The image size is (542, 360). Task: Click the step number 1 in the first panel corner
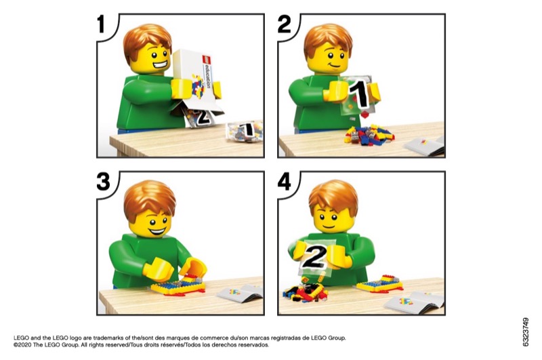pyautogui.click(x=101, y=24)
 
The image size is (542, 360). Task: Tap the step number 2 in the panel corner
pyautogui.click(x=284, y=24)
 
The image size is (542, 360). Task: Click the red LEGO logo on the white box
pyautogui.click(x=207, y=60)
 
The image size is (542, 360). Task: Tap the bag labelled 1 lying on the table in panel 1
pyautogui.click(x=245, y=131)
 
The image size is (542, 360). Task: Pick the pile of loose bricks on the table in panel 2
pyautogui.click(x=369, y=134)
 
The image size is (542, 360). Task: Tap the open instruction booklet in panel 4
pyautogui.click(x=414, y=302)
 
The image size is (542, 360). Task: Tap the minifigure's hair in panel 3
pyautogui.click(x=149, y=199)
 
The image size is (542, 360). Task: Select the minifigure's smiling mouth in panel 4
pyautogui.click(x=329, y=227)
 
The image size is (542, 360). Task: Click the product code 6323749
pyautogui.click(x=526, y=332)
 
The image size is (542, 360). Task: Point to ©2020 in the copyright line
pyautogui.click(x=22, y=345)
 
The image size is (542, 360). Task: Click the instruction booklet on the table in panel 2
pyautogui.click(x=424, y=146)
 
